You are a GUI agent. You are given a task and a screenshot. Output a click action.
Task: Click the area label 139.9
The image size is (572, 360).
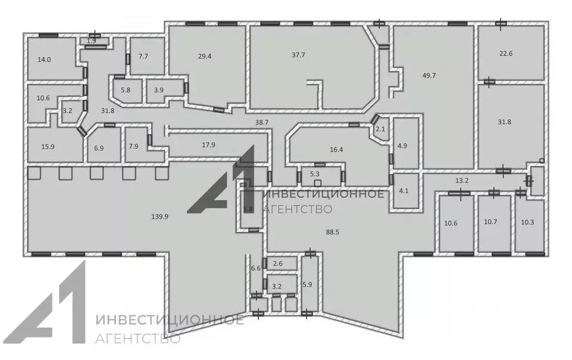[x=160, y=216]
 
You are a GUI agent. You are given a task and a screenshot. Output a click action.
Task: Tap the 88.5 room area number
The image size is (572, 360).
[x=333, y=232]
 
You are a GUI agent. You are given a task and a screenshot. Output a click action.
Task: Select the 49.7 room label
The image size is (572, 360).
[x=429, y=75]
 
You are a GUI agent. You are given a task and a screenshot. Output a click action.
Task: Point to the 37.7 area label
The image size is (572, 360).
[x=298, y=55]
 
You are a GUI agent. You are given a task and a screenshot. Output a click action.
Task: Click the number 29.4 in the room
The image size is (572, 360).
[x=204, y=56]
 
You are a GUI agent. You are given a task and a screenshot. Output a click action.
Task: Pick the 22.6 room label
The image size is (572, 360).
[x=506, y=53]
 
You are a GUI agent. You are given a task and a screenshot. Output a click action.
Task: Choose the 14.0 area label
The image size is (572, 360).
[x=44, y=59]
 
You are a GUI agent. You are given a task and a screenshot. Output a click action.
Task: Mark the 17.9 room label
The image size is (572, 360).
[x=208, y=145]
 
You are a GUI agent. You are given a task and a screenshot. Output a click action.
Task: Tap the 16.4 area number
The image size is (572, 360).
[x=336, y=149]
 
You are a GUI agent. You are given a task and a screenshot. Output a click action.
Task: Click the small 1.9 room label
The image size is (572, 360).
[x=92, y=41]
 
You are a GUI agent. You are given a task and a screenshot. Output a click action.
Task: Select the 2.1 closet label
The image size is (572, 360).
[x=380, y=129]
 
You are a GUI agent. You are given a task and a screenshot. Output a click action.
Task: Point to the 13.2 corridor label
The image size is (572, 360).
[x=461, y=180]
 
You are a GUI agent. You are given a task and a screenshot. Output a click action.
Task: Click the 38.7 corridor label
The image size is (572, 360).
[x=262, y=122]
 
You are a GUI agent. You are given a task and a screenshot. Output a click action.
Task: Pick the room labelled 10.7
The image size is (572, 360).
[x=490, y=221]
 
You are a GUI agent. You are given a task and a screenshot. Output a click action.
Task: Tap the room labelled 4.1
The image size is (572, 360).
[x=404, y=191]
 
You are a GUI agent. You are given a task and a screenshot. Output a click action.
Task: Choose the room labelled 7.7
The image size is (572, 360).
[x=144, y=56]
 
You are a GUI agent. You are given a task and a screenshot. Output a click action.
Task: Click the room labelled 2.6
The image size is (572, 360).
[x=278, y=263]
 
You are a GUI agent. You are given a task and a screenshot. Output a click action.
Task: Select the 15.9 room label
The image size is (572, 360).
[x=48, y=147]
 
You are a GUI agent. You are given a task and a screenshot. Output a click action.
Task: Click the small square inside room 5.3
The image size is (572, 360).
[x=318, y=183]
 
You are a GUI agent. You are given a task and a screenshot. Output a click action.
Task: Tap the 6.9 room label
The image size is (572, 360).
[x=99, y=148]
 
